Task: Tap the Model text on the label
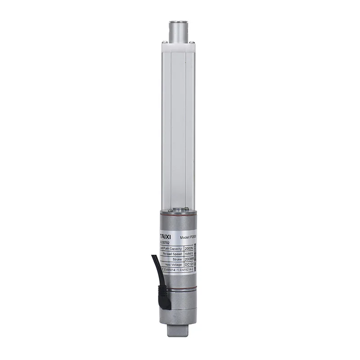point(185,237)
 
